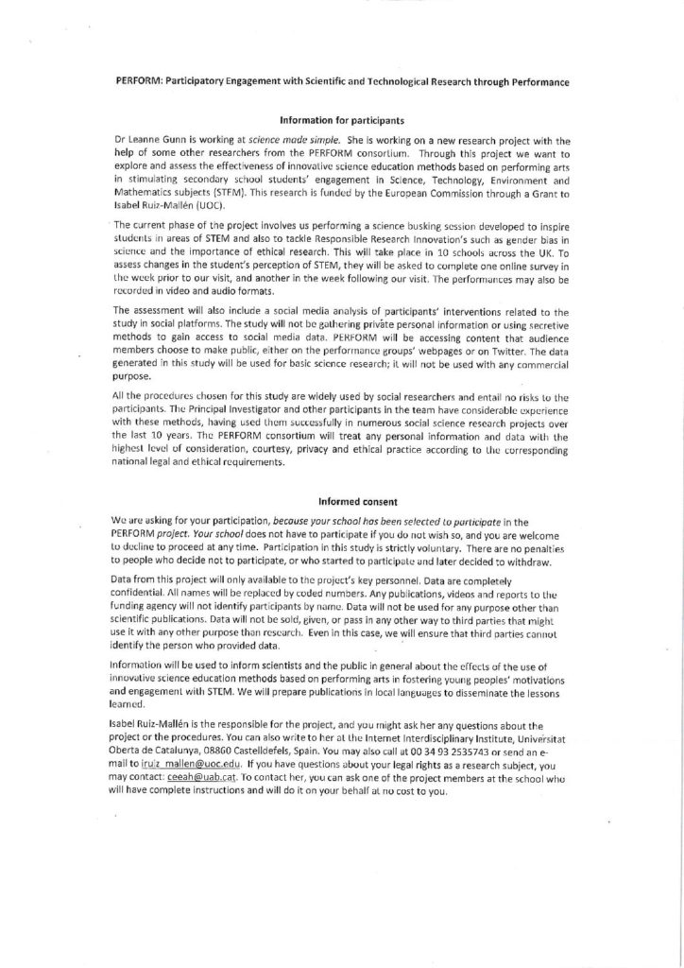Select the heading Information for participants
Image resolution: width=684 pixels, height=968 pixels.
coord(342,120)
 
